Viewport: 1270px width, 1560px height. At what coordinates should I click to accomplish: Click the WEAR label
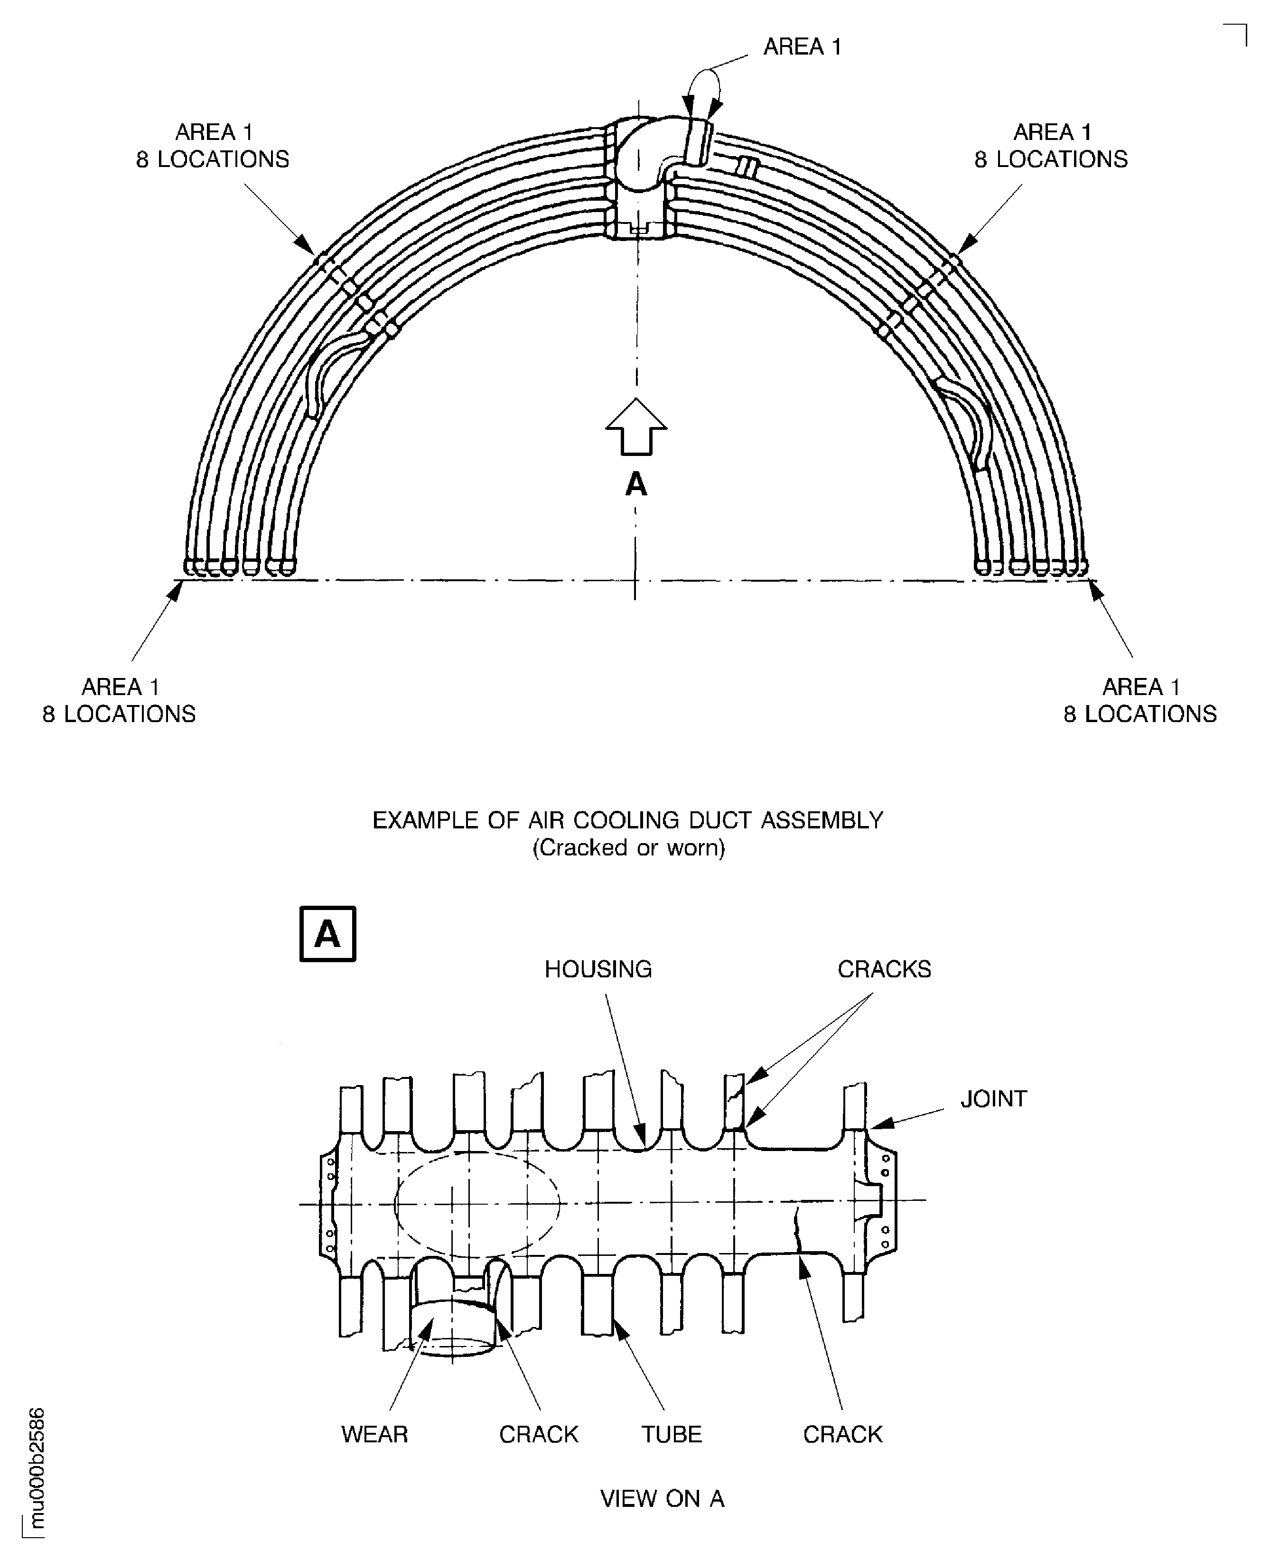coord(374,1434)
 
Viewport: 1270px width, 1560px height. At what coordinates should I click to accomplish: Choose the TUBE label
coord(672,1434)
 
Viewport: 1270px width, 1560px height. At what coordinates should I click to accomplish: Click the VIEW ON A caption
coord(662,1499)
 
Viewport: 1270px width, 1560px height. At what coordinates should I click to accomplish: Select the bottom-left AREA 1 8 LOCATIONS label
coord(119,700)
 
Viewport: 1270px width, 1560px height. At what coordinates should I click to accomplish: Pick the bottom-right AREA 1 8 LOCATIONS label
coord(1140,700)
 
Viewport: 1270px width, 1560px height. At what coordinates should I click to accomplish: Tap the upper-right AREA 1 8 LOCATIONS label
coord(1051,146)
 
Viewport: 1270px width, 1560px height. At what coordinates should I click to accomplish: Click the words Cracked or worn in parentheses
coord(628,848)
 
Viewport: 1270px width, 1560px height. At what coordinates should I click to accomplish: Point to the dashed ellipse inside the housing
coord(477,1203)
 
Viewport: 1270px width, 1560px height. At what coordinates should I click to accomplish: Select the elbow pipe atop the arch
coord(658,150)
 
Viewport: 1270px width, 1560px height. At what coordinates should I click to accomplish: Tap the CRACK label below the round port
coord(539,1434)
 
